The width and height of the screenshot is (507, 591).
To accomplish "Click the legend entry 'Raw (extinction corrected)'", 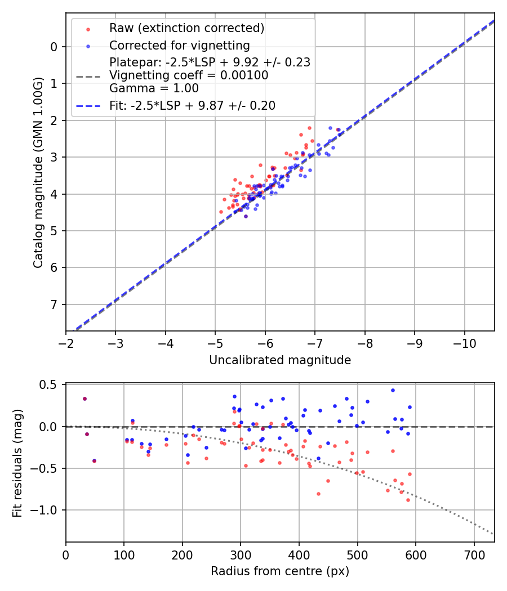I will click(x=186, y=28).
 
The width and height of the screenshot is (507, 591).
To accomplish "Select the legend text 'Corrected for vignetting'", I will click(x=180, y=45).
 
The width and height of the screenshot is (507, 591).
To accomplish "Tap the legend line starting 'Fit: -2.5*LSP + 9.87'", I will click(x=192, y=106).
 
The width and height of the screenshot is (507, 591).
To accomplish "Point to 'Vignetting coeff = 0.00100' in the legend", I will click(x=189, y=75).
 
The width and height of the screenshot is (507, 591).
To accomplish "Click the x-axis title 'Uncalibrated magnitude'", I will click(x=280, y=360).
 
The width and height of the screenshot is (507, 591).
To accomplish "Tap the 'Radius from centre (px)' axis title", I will click(x=280, y=571).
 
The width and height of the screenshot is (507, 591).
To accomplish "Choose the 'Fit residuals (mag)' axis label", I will click(x=18, y=462).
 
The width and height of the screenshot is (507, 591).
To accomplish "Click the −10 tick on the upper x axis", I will click(x=464, y=343).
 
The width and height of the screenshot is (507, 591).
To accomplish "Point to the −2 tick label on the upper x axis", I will click(x=66, y=343).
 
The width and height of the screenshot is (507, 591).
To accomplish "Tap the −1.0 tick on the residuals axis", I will click(x=47, y=510).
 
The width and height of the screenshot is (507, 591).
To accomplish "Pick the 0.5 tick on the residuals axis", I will click(x=50, y=385).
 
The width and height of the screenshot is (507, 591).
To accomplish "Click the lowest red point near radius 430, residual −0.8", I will click(x=318, y=494).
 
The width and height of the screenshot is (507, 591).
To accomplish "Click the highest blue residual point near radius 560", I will click(x=393, y=390).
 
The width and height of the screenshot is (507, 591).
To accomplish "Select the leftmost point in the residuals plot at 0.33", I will click(x=84, y=399).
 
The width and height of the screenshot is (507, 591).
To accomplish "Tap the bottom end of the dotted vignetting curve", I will click(x=493, y=534).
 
